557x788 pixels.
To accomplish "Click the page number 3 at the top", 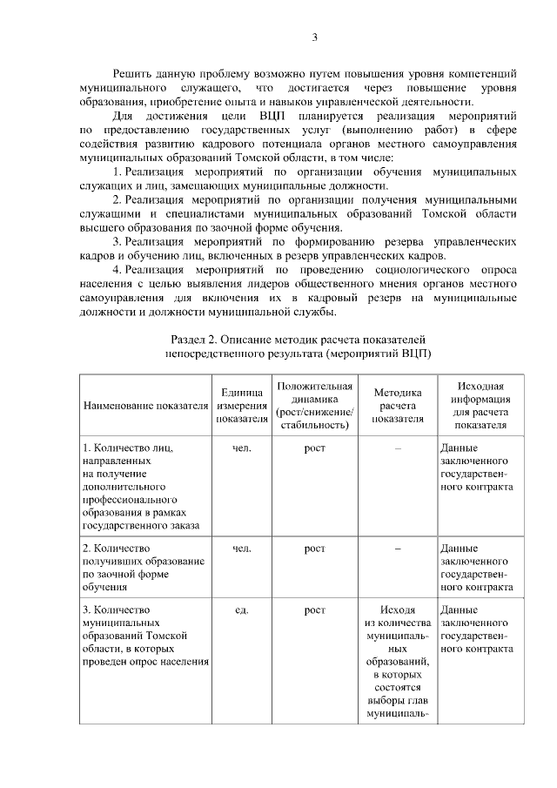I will point(315,37).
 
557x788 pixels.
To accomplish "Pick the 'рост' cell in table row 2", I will point(314,549).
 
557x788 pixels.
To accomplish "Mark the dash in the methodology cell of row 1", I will point(397,448).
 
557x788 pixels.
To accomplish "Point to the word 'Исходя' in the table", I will point(398,610).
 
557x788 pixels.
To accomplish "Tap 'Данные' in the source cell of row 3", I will point(459,610).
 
